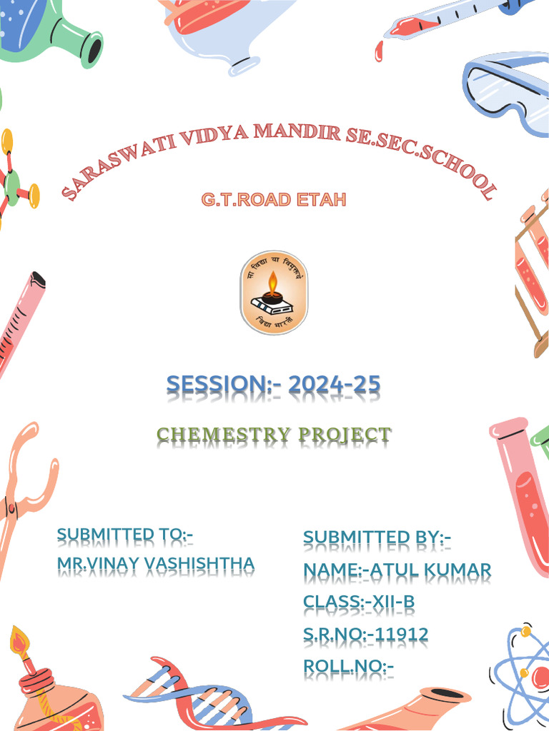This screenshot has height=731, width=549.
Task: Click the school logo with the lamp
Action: coord(273,293)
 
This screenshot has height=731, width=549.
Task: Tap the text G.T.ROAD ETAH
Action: coord(274,199)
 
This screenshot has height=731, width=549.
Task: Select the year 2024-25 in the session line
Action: coord(335,386)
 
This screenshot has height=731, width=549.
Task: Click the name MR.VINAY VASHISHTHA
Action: coord(155,564)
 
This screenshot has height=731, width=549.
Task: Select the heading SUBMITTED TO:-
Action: coord(125,535)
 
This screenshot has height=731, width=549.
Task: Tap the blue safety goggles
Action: coord(505,93)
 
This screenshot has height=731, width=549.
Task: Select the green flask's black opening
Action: coord(92,49)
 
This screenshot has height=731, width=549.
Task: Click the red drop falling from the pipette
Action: coord(379,50)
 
